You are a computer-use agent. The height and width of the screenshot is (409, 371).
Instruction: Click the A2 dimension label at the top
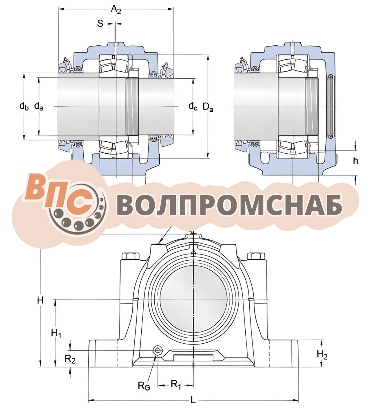click(116, 9)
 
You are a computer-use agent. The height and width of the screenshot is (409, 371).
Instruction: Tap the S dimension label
click(100, 24)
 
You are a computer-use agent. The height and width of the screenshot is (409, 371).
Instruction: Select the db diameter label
click(24, 106)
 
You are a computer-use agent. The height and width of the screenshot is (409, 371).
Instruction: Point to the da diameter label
click(39, 106)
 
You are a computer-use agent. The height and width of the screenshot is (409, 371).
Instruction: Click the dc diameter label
click(193, 106)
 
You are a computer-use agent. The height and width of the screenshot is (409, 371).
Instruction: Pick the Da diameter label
click(208, 107)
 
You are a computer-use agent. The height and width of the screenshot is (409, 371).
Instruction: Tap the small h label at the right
click(355, 161)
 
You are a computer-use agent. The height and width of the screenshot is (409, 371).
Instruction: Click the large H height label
click(40, 300)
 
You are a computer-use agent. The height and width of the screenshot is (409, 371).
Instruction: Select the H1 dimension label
click(56, 333)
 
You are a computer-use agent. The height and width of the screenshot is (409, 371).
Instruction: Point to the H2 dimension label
click(322, 355)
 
